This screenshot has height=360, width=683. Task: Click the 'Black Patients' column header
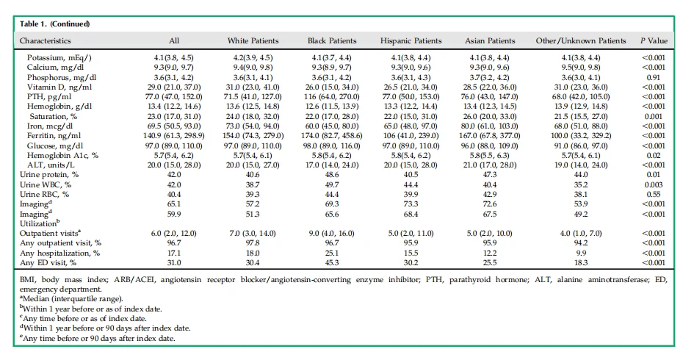(332, 40)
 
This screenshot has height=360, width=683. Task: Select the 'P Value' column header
(654, 40)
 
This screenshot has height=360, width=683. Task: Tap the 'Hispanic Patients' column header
(411, 40)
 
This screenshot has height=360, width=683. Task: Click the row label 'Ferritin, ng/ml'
(54, 135)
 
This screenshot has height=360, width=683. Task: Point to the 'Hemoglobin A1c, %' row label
(62, 155)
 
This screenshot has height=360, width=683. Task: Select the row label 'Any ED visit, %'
(48, 262)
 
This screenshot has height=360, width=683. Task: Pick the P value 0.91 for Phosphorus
(654, 77)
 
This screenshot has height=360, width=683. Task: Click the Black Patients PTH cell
(332, 97)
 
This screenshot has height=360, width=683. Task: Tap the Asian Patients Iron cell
(490, 126)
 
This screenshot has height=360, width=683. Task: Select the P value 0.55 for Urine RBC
(654, 195)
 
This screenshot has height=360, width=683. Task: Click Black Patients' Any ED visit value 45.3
(332, 262)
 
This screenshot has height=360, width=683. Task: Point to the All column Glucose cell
(174, 145)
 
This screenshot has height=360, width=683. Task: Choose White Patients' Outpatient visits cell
(253, 233)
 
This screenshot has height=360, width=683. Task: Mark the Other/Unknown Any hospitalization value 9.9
(581, 253)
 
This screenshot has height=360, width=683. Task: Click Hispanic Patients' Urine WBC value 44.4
(411, 184)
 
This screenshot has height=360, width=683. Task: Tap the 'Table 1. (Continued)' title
(55, 24)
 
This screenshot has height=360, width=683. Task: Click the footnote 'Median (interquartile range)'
(71, 299)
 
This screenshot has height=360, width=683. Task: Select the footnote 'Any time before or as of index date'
(83, 319)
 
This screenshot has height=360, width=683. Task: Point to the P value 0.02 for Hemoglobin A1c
(654, 155)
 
